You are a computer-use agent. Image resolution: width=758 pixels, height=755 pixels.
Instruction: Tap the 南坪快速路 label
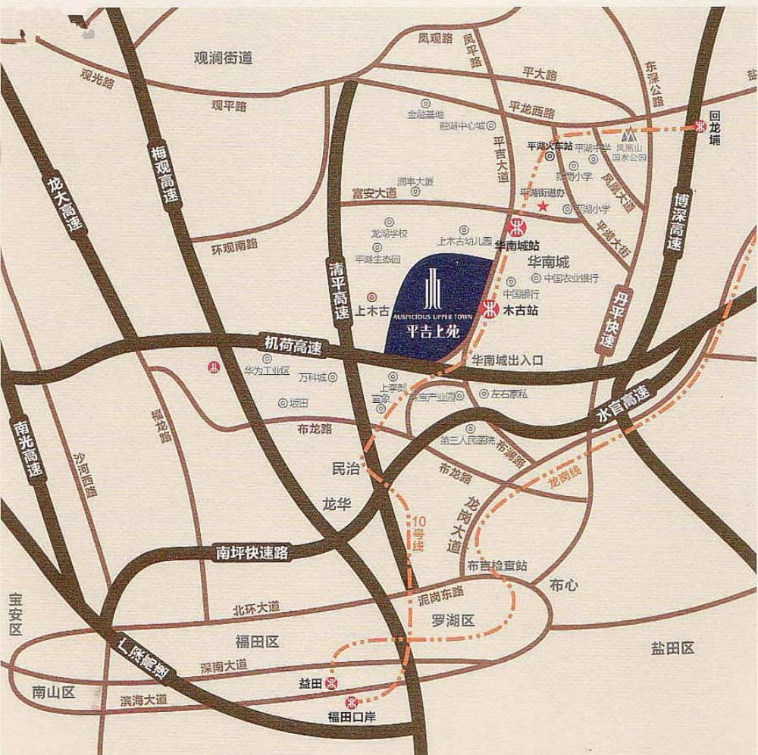pos(252,553)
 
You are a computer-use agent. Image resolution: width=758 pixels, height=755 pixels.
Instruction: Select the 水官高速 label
pos(624,405)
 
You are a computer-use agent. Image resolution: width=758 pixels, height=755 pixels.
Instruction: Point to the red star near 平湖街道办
pos(543,206)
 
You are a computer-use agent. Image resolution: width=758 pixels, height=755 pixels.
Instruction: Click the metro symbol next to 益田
pos(330,683)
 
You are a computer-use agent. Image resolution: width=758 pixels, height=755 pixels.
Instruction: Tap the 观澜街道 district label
pos(222,58)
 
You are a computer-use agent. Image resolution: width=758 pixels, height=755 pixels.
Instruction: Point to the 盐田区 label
pos(672,648)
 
